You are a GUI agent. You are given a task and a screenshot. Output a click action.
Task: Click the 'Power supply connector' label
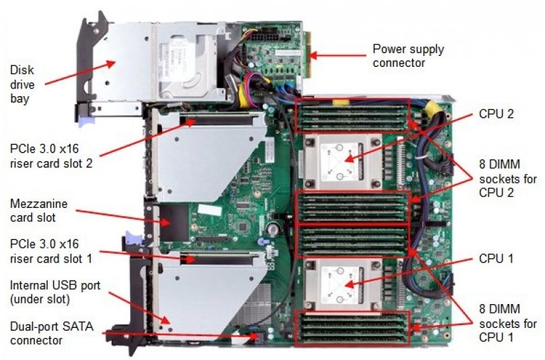point(408,56)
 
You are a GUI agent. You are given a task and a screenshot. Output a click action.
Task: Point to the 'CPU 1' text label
point(497,258)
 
